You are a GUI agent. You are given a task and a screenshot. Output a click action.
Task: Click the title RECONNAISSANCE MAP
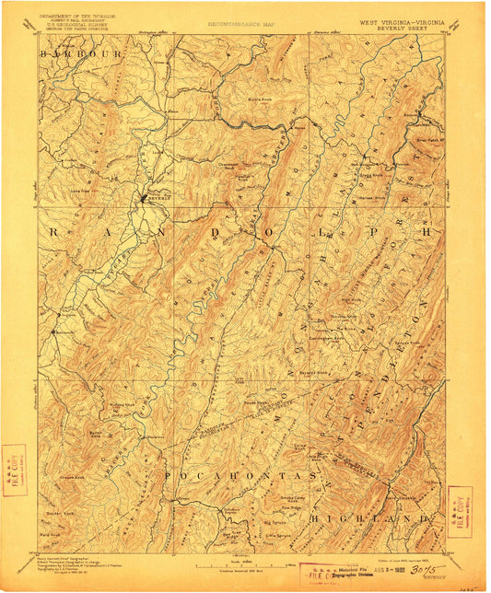[241, 19]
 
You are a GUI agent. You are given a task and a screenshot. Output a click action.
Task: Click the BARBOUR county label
[80, 55]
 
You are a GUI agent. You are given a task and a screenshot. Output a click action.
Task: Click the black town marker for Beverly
[142, 195]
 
